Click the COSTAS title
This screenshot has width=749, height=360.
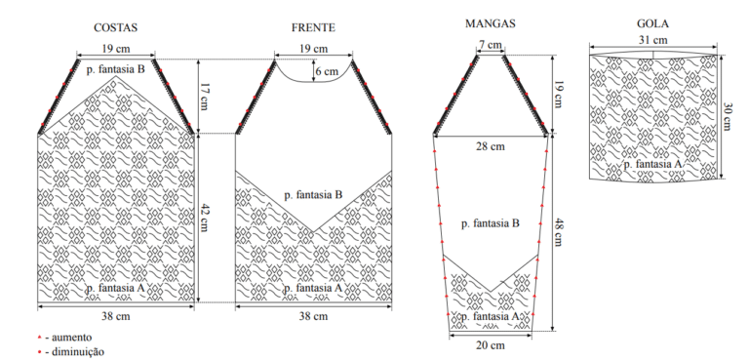tap(116, 27)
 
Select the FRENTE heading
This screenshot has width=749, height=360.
tap(313, 27)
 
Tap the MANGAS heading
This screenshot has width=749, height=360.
tap(491, 24)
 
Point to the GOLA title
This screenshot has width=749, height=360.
tap(652, 23)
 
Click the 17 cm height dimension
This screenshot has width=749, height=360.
tap(205, 97)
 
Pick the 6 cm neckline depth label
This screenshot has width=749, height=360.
tap(327, 72)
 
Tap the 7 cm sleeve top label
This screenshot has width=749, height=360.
tap(491, 45)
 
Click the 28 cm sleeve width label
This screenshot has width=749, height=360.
tap(490, 146)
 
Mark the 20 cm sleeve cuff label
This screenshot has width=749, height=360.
tap(491, 344)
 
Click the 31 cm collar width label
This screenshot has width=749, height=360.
tap(653, 40)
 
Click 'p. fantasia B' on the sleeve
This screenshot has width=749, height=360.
tap(491, 223)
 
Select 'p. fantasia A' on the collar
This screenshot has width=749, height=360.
tap(652, 165)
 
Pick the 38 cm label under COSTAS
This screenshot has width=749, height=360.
tap(116, 316)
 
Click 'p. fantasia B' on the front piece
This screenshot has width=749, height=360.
tap(313, 195)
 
